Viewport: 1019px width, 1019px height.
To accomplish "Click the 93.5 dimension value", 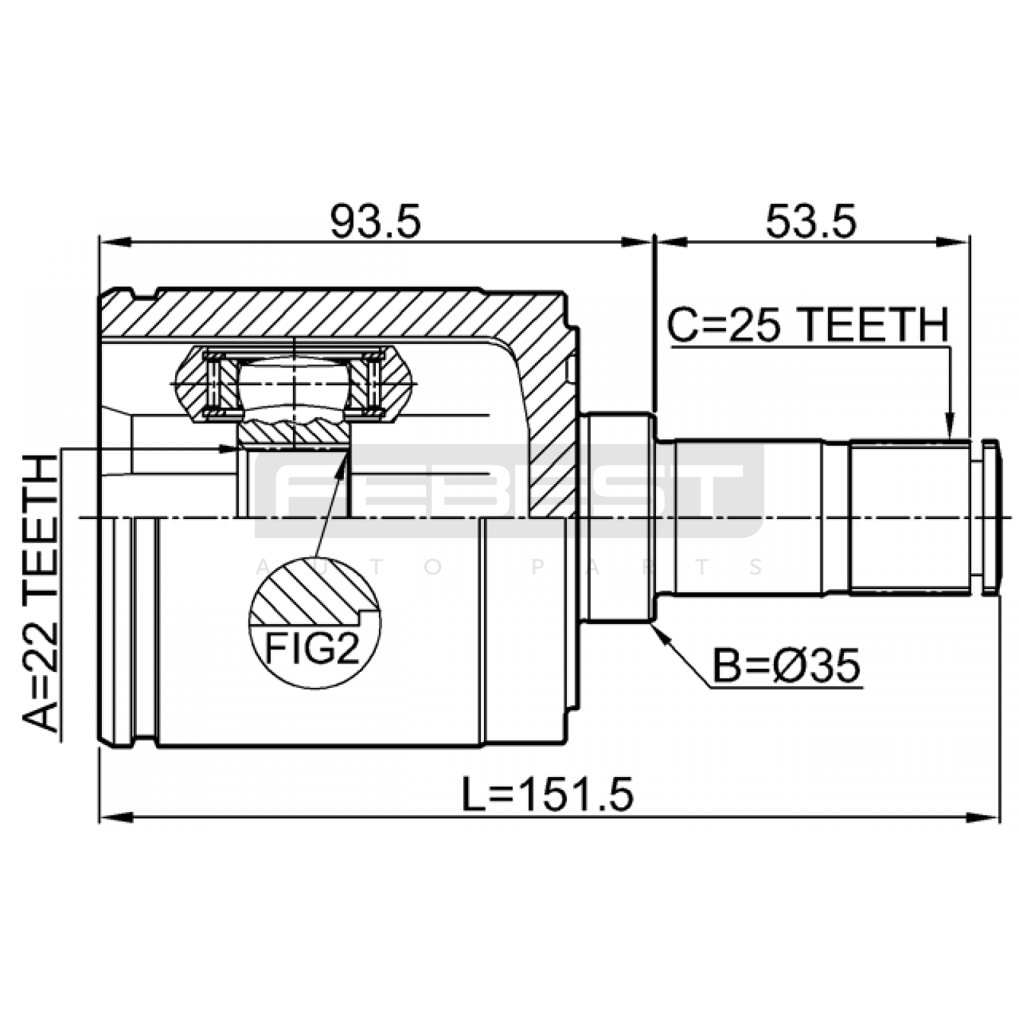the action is click(375, 222).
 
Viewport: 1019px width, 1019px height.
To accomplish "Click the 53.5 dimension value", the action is click(811, 222).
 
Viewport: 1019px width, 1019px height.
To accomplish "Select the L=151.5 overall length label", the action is click(548, 795).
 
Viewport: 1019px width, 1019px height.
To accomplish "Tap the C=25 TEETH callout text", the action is click(808, 325).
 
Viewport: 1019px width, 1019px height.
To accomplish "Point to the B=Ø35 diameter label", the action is click(786, 666).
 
